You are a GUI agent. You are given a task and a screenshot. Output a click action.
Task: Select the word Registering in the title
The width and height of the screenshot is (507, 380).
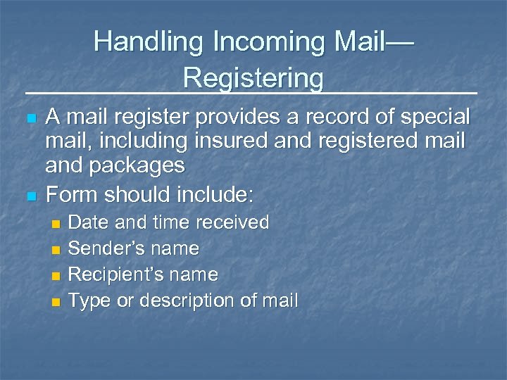(x=254, y=77)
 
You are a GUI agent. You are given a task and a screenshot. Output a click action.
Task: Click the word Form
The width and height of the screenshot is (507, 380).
(x=70, y=192)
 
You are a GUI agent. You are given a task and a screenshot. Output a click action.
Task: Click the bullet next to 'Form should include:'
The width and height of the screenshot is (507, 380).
(x=29, y=194)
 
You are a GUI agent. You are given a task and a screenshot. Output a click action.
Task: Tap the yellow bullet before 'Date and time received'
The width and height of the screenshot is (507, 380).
(x=57, y=224)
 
